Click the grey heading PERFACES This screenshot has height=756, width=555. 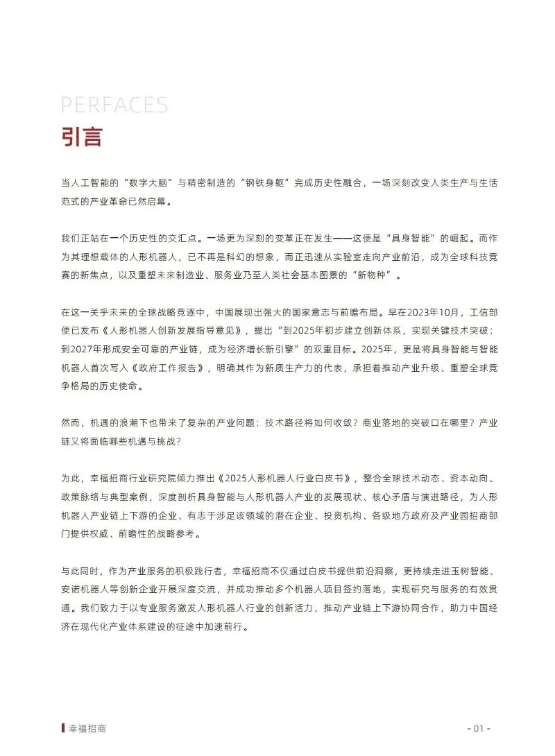(114, 105)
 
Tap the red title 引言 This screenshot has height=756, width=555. (82, 136)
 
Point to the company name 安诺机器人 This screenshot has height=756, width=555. (89, 588)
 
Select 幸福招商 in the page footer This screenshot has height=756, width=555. (87, 728)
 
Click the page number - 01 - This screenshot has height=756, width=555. (478, 728)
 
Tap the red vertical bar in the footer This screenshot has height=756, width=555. (63, 728)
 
